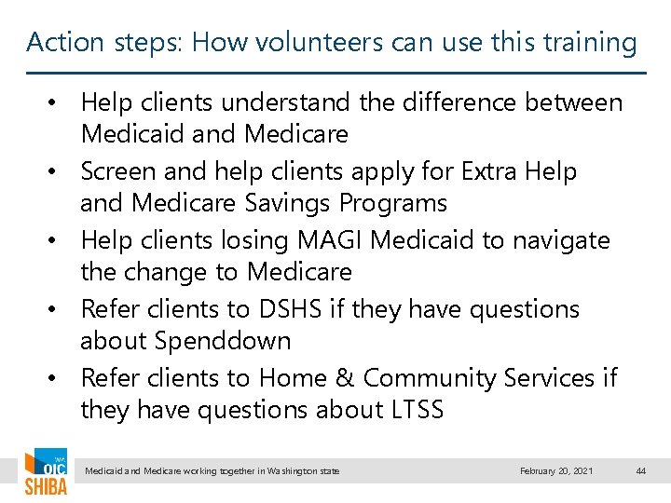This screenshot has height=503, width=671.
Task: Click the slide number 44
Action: [x=640, y=471]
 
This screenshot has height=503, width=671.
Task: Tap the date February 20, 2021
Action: [x=556, y=471]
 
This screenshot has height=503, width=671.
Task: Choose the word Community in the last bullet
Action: [x=430, y=378]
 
